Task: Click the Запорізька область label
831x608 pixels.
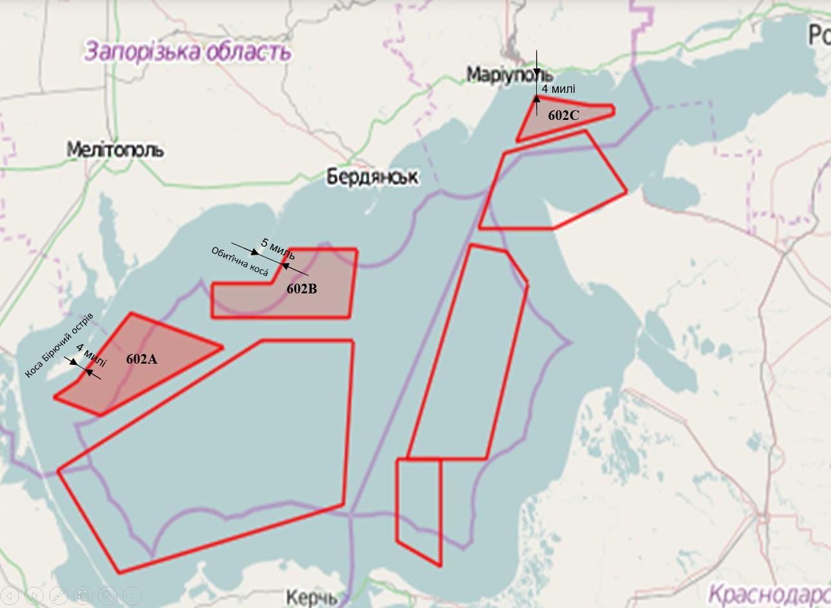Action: pos(187,51)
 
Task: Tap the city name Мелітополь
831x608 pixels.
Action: pos(115,150)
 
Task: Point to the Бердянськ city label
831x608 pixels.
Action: pos(372,176)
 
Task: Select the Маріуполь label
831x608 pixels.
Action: pos(510,74)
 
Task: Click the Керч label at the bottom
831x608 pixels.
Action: pos(312,597)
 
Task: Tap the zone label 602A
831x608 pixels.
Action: pos(141,359)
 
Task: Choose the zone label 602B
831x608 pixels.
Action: pos(302,289)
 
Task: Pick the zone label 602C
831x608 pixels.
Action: pos(564,115)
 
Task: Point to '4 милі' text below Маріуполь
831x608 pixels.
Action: pos(559,89)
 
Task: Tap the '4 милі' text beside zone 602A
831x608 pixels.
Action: pos(91,355)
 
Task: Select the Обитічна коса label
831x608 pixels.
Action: pos(240,262)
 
